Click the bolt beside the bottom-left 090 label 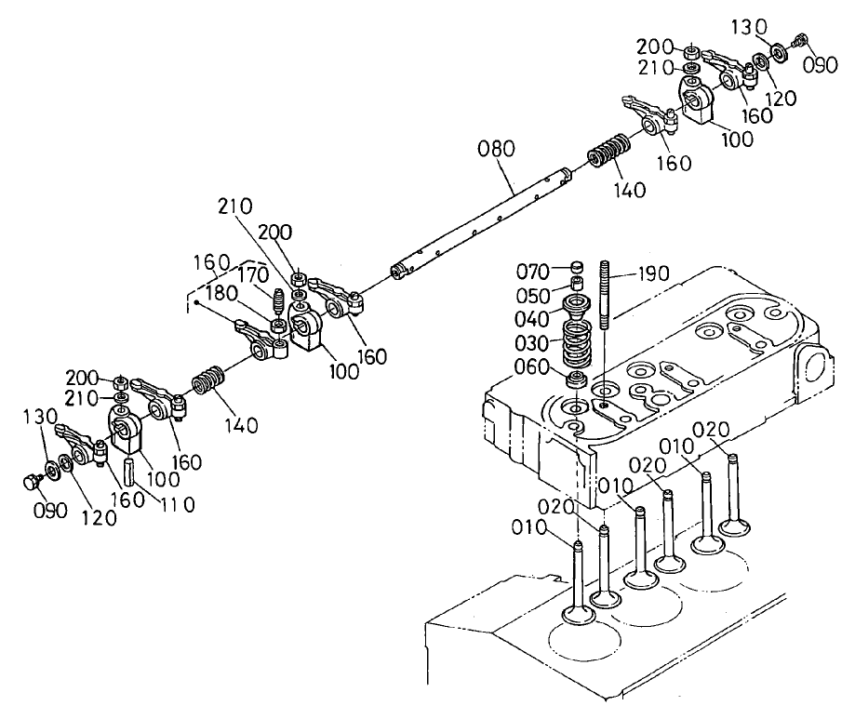click(30, 482)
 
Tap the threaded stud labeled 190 click(605, 296)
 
